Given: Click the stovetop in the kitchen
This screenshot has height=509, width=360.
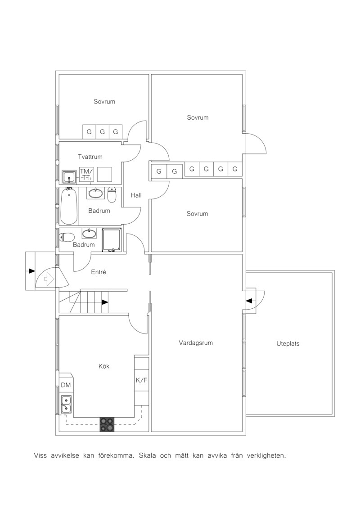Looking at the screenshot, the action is (107, 424).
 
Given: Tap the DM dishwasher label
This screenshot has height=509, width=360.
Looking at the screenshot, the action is (66, 385).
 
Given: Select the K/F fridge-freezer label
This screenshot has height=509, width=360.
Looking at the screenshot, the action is (142, 380).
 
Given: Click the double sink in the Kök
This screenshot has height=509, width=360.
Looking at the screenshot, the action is (66, 404).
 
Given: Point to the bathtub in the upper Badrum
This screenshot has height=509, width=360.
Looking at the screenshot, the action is (69, 206).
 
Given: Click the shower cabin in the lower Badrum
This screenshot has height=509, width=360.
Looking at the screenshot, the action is (111, 240).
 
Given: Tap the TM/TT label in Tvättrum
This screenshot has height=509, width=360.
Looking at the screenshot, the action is (86, 174).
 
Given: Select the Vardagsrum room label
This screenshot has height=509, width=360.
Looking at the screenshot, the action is (196, 343).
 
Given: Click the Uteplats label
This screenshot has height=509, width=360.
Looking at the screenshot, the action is (288, 343).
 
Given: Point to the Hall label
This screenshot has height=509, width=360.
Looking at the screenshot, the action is (136, 195).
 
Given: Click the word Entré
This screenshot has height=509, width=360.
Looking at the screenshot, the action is (99, 272).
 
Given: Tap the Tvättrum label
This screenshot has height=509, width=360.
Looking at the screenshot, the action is (90, 157).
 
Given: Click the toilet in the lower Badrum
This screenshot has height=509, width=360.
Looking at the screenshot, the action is (67, 238).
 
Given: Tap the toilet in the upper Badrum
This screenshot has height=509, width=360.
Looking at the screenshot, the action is (112, 195).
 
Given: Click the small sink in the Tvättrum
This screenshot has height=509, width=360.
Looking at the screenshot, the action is (69, 177).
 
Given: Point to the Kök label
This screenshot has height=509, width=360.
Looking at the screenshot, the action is (104, 366).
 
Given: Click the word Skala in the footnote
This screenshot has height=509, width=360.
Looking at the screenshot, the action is (148, 455).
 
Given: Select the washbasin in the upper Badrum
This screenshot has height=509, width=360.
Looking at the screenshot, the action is (96, 193).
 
